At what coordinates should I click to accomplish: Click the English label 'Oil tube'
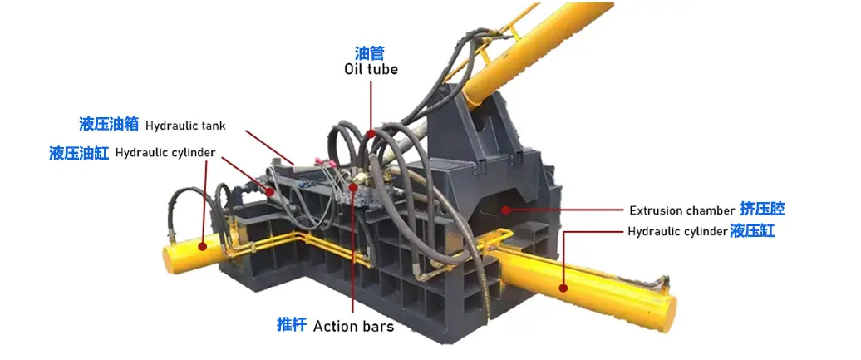click(371, 69)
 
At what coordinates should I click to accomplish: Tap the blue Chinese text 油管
click(370, 52)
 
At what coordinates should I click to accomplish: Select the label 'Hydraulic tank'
click(185, 126)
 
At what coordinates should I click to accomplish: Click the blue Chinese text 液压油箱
click(108, 124)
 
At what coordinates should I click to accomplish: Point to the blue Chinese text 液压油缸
click(79, 153)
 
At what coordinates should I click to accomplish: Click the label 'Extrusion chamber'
click(682, 210)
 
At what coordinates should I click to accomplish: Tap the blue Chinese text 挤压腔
click(762, 209)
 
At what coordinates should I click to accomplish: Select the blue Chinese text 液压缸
click(752, 231)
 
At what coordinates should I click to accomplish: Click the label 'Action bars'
click(354, 327)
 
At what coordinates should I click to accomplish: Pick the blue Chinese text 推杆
click(292, 325)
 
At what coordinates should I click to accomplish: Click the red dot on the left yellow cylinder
click(203, 246)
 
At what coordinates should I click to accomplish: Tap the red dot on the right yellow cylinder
click(563, 288)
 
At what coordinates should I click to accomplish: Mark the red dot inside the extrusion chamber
click(504, 210)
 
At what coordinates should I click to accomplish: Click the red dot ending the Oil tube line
click(371, 134)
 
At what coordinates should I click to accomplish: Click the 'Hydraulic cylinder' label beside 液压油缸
click(165, 153)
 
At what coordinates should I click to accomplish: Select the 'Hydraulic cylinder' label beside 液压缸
click(677, 232)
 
